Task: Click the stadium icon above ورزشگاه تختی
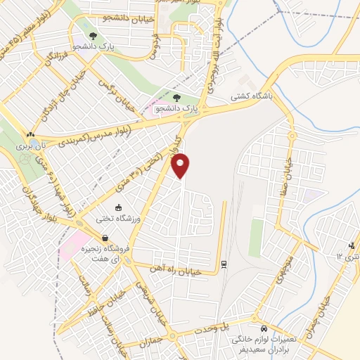(x=118, y=207)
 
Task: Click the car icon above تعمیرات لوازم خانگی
(x=264, y=328)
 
